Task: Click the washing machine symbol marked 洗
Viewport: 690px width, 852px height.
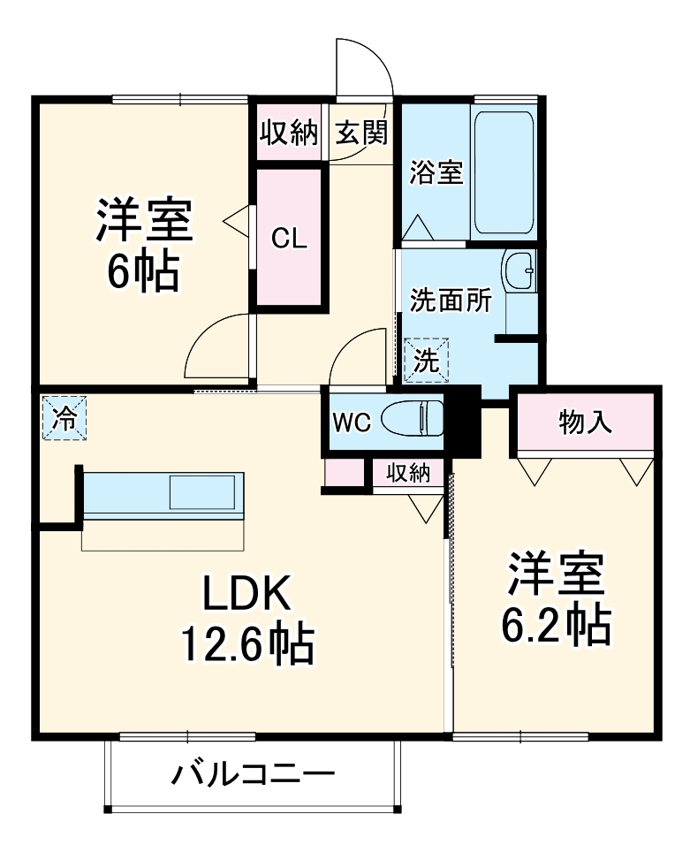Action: point(427,361)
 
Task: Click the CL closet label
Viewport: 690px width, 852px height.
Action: point(290,239)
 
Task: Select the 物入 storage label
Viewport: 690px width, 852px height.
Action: point(585,422)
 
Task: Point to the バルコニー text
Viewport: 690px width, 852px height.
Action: point(254,776)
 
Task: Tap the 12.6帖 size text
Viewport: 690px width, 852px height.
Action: point(246,644)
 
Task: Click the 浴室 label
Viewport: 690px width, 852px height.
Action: point(436,172)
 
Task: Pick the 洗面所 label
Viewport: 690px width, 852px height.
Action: point(449,301)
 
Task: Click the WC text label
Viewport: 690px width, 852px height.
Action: point(351,421)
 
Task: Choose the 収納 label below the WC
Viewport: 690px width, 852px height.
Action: point(407,473)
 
